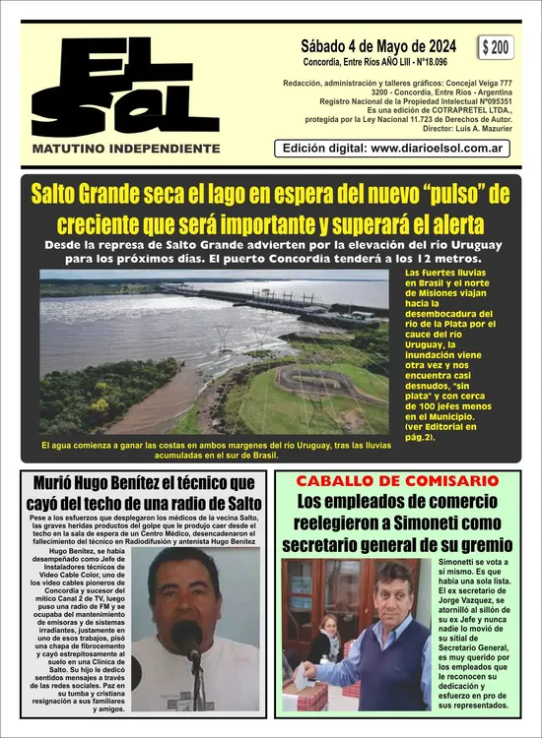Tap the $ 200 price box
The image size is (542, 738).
click(496, 47)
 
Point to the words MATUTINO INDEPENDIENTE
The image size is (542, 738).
click(125, 149)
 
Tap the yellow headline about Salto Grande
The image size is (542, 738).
click(270, 207)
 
